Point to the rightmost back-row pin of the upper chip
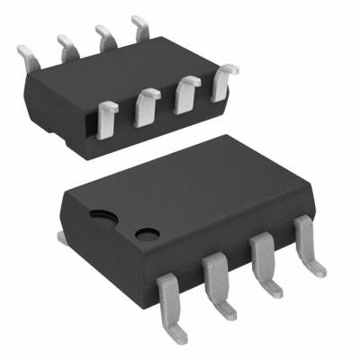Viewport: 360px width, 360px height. point(140,24)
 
